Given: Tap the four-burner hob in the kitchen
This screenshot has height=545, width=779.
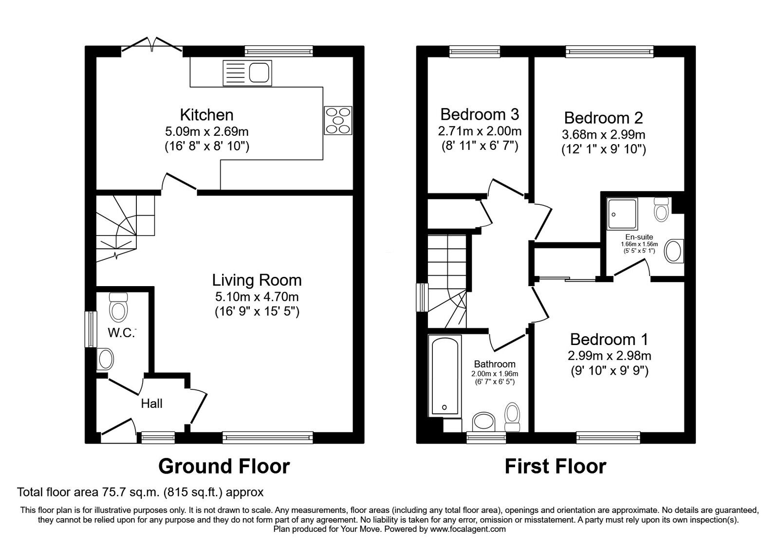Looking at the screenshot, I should pyautogui.click(x=338, y=120).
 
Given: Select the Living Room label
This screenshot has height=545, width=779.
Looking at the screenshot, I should pyautogui.click(x=257, y=280).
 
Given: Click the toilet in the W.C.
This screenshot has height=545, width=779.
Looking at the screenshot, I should pyautogui.click(x=118, y=307).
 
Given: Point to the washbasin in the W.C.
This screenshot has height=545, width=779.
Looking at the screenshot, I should pyautogui.click(x=105, y=359).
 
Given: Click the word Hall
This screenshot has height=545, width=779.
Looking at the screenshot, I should pyautogui.click(x=151, y=403).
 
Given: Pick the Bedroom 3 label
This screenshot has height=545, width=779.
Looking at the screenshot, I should pyautogui.click(x=480, y=114).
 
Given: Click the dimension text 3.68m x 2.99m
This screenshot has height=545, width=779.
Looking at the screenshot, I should pyautogui.click(x=603, y=134).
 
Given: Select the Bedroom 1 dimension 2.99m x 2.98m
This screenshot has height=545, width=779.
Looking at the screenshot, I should pyautogui.click(x=609, y=356).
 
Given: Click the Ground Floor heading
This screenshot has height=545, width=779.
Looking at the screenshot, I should pyautogui.click(x=224, y=466).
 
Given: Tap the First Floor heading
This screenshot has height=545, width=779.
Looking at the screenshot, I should pyautogui.click(x=555, y=466).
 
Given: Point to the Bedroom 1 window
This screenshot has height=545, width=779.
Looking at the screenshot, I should pyautogui.click(x=608, y=437).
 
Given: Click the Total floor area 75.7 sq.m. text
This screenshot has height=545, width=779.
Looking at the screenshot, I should pyautogui.click(x=140, y=492).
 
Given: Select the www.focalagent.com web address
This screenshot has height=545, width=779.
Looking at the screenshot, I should pyautogui.click(x=468, y=529).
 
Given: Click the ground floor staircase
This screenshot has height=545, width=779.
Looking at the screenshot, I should pyautogui.click(x=122, y=226).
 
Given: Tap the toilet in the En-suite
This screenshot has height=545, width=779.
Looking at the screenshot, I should pyautogui.click(x=661, y=210).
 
